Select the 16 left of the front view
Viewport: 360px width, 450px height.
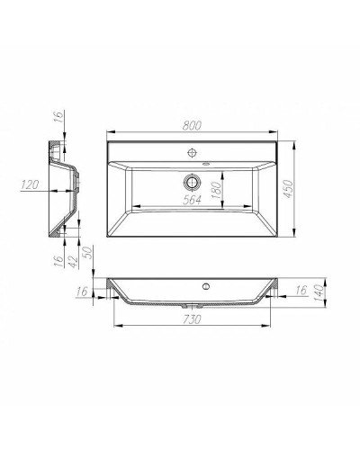84,292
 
